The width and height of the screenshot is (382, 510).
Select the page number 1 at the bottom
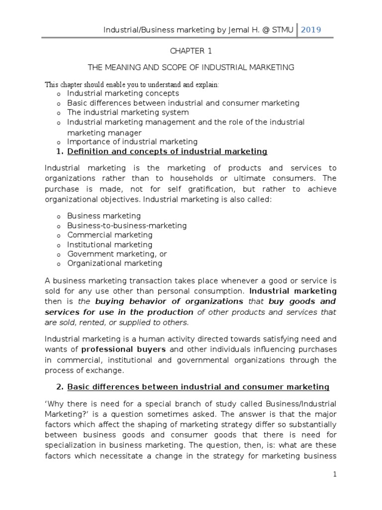(335, 475)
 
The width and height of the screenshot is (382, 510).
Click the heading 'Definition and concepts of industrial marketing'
(167, 151)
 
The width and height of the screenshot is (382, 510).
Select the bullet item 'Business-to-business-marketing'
(127, 226)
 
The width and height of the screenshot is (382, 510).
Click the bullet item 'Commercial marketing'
(110, 235)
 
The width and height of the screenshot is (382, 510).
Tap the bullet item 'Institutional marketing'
(110, 245)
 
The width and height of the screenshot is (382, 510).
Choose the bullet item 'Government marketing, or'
(117, 254)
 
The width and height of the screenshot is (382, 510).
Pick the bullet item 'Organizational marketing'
(114, 263)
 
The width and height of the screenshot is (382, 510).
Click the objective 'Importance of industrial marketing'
(132, 142)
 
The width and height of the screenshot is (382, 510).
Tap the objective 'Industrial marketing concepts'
(123, 93)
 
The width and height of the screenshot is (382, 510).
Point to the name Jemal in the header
(224, 30)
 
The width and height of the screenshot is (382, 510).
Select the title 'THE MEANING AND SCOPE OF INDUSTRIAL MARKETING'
(191, 67)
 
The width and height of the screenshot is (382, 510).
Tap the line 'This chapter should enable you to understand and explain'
(132, 85)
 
